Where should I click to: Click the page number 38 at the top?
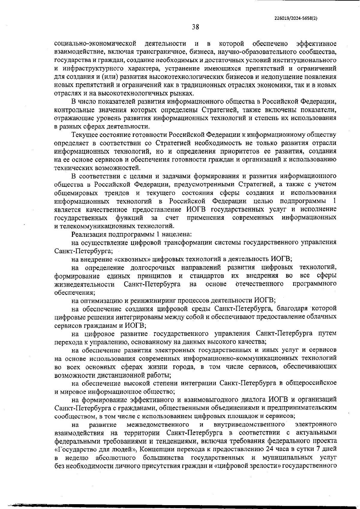pyautogui.click(x=195, y=27)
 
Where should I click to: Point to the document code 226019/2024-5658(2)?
pyautogui.click(x=296, y=18)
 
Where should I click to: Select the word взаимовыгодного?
pyautogui.click(x=209, y=400)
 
